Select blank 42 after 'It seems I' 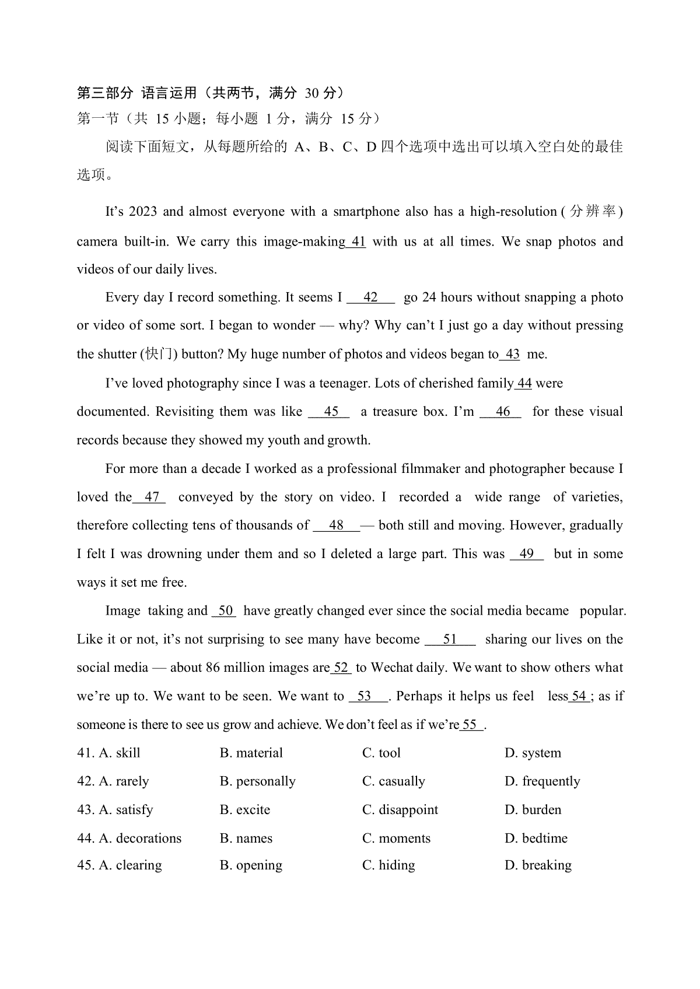pyautogui.click(x=371, y=297)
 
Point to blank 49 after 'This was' pyautogui.click(x=527, y=554)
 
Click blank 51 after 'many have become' pyautogui.click(x=450, y=639)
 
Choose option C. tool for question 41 pyautogui.click(x=381, y=753)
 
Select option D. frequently pyautogui.click(x=542, y=781)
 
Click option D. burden pyautogui.click(x=533, y=810)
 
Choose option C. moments pyautogui.click(x=396, y=839)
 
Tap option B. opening pyautogui.click(x=251, y=865)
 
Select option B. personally pyautogui.click(x=257, y=781)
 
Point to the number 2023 pyautogui.click(x=143, y=212)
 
